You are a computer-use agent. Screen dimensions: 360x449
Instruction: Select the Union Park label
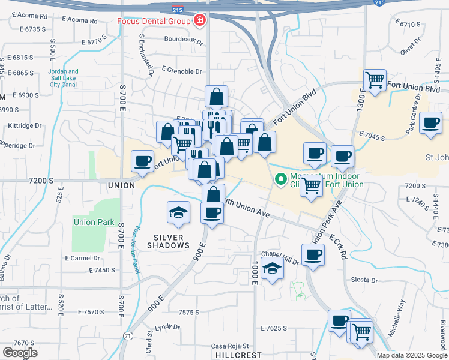pyautogui.click(x=94, y=222)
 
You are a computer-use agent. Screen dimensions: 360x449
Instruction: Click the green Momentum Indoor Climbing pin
pyautogui.click(x=280, y=179)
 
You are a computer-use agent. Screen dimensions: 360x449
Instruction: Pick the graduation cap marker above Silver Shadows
pyautogui.click(x=178, y=212)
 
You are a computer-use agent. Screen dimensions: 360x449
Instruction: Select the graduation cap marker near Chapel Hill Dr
pyautogui.click(x=273, y=268)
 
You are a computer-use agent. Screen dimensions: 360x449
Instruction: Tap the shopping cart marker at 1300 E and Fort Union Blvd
pyautogui.click(x=375, y=79)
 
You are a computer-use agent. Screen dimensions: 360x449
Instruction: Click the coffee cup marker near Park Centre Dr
pyautogui.click(x=431, y=123)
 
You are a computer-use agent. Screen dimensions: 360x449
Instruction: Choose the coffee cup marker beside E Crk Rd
pyautogui.click(x=312, y=255)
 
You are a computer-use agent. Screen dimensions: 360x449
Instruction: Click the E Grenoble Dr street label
pyautogui.click(x=182, y=71)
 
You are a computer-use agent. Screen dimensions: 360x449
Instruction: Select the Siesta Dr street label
pyautogui.click(x=364, y=280)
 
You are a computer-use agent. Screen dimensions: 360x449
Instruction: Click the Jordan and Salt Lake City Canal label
pyautogui.click(x=63, y=78)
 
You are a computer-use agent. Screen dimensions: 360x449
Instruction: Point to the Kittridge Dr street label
pyautogui.click(x=25, y=126)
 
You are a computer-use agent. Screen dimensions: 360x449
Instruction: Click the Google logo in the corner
pyautogui.click(x=20, y=352)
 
